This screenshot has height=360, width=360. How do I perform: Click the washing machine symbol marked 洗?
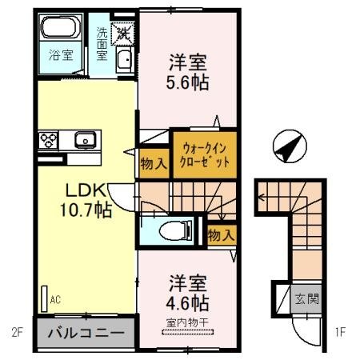click(124, 33)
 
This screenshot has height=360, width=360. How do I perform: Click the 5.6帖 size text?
click(188, 82)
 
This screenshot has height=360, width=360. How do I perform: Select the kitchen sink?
click(85, 142)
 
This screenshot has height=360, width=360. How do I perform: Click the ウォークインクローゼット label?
click(204, 154)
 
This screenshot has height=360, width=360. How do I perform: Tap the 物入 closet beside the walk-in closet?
click(153, 164)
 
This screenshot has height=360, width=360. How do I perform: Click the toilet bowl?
click(170, 230)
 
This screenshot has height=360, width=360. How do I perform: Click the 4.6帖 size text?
click(188, 303)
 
